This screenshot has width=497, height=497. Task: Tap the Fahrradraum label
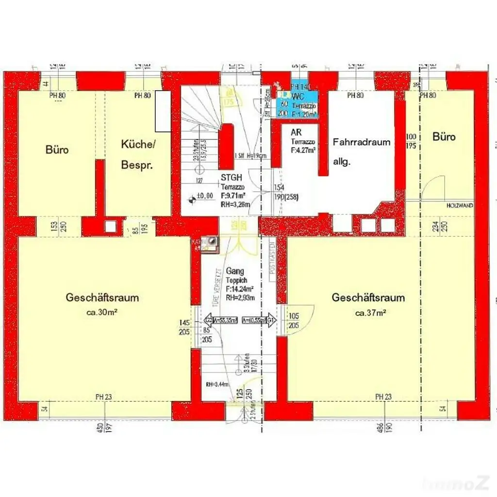pyautogui.click(x=362, y=142)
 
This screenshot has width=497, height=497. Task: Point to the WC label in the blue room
pyautogui.click(x=298, y=97)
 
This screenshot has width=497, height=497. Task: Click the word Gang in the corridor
pyautogui.click(x=235, y=271)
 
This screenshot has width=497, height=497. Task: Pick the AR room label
pyautogui.click(x=296, y=133)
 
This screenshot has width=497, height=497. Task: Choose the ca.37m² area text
pyautogui.click(x=370, y=313)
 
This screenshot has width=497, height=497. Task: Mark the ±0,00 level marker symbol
pyautogui.click(x=193, y=197)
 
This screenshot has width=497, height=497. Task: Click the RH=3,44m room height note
pyautogui.click(x=216, y=384)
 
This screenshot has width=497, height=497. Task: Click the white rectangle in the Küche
pyautogui.click(x=163, y=111)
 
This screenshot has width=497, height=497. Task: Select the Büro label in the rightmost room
pyautogui.click(x=444, y=137)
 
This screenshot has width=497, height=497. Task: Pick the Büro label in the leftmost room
pyautogui.click(x=57, y=149)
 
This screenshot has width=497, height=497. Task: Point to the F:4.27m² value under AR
pyautogui.click(x=303, y=150)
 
